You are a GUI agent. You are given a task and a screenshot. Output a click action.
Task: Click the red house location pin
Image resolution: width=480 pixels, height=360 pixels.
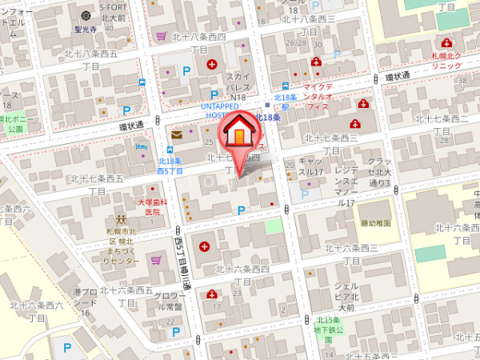pos(239,135)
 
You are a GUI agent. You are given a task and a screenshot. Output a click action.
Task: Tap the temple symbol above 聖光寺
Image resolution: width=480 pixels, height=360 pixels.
pos(86,15)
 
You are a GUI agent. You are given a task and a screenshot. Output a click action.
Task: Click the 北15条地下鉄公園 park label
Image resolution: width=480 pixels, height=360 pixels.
pos(329,325)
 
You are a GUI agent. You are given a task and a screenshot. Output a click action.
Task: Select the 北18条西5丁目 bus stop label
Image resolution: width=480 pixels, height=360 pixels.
pos(170,166)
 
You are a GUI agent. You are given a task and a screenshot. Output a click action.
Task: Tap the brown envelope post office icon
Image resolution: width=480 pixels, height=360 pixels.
pos(176,135)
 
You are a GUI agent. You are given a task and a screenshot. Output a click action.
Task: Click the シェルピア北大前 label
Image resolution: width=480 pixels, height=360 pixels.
pos(345,296)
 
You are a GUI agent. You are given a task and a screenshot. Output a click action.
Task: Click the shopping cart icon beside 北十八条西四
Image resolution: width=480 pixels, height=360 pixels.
pos(162,36)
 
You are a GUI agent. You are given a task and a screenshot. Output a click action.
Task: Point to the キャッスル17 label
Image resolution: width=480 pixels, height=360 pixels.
pos(310,166)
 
